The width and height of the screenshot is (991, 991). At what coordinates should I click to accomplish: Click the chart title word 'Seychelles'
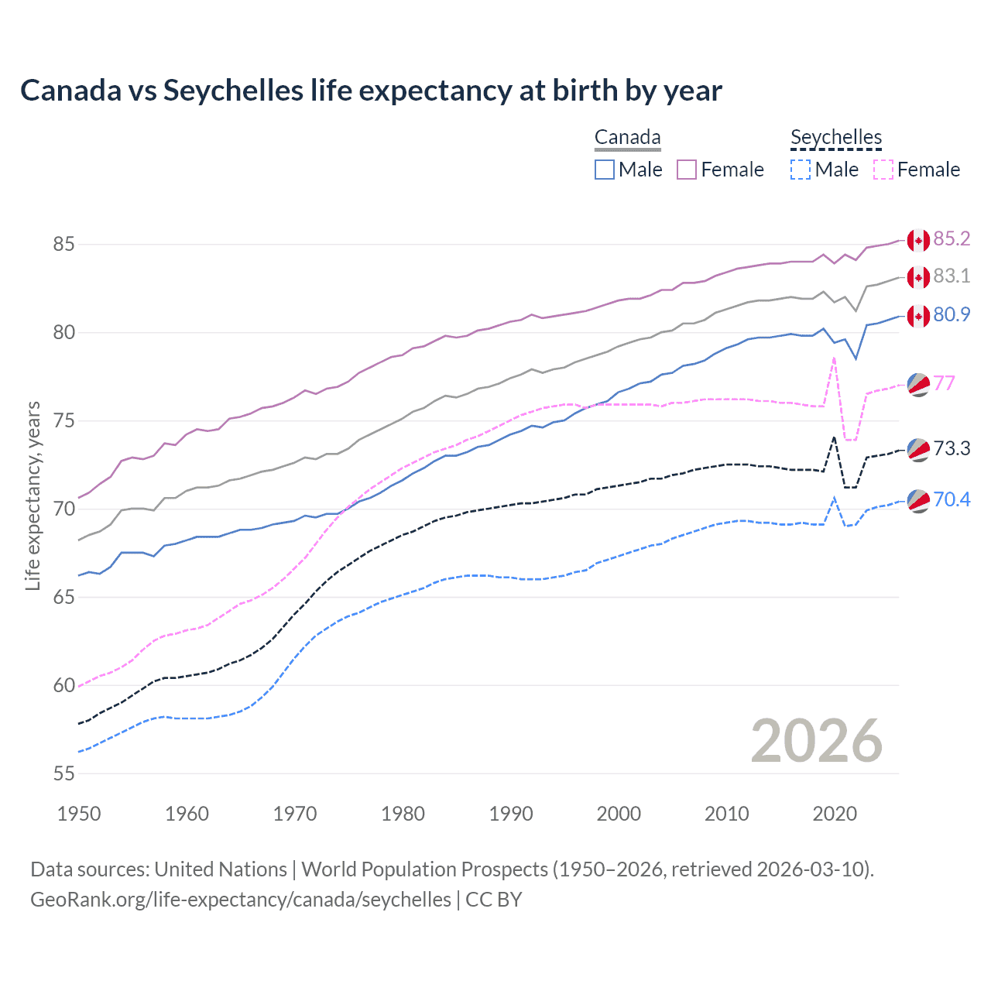click(x=232, y=91)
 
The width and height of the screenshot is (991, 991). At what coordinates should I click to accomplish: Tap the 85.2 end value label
click(x=952, y=238)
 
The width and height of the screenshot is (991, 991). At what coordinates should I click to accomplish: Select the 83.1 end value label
click(x=952, y=276)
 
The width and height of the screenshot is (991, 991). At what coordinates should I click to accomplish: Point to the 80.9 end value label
click(x=952, y=314)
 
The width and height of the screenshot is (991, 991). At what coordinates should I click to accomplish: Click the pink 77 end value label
click(x=944, y=383)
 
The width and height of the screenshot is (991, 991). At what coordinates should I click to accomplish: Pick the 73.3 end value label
click(x=952, y=448)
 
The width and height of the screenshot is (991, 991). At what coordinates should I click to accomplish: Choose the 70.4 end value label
click(x=952, y=499)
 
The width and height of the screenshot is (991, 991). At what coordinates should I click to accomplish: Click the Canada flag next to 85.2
click(x=918, y=240)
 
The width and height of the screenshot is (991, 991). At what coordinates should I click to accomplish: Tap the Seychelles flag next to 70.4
click(x=918, y=501)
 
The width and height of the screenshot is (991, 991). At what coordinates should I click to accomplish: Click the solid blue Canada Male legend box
click(x=605, y=170)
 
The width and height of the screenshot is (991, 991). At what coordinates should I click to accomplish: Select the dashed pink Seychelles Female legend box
click(x=883, y=170)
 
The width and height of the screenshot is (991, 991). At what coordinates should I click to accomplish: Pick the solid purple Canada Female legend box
click(x=687, y=170)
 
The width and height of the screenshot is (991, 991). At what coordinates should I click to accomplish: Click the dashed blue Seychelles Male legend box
click(x=801, y=170)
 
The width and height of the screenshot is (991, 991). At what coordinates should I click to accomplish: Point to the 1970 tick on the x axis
click(x=295, y=814)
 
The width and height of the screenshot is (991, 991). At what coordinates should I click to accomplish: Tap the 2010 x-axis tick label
click(x=726, y=814)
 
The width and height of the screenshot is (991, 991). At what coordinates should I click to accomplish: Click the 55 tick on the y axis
click(x=63, y=773)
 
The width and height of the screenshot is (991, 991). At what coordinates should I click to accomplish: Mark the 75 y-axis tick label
click(x=63, y=421)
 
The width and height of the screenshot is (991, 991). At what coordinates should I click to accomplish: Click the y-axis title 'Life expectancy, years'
click(x=33, y=495)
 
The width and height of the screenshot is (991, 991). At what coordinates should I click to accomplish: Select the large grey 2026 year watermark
click(x=817, y=741)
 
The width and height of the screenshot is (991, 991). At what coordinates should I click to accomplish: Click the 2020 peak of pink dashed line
click(x=834, y=358)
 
